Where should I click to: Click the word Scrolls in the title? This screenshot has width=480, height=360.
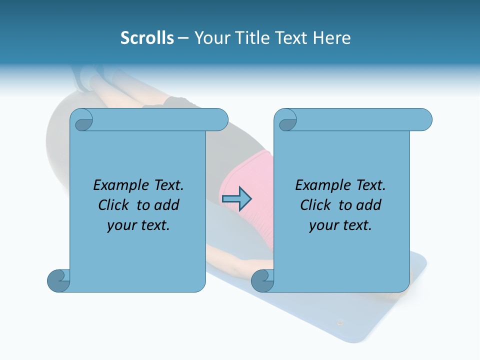point(147,38)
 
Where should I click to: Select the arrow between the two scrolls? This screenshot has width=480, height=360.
point(236,199)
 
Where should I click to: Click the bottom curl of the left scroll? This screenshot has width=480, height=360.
point(58,280)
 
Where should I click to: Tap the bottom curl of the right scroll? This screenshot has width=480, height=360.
point(262,280)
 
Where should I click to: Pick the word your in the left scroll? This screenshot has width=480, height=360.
point(121,225)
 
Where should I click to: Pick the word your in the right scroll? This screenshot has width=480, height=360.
point(323,225)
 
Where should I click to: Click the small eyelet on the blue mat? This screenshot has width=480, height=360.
point(340,322)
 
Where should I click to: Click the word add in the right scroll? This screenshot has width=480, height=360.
point(369,205)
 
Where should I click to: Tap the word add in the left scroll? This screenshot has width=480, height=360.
point(167,205)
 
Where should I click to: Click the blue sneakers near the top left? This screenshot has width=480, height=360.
point(90,77)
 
